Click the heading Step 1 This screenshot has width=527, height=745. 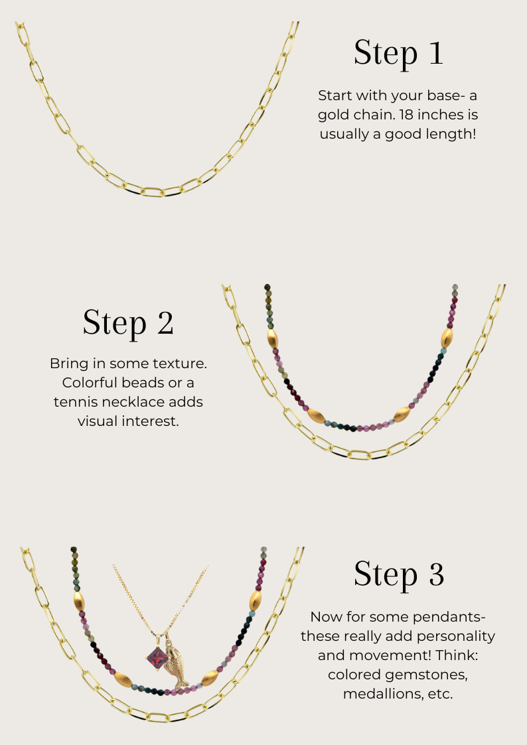[x=398, y=53]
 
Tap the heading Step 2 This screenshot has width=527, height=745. [x=128, y=324]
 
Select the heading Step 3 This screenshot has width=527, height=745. [x=399, y=575]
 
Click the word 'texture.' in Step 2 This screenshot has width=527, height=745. [x=180, y=364]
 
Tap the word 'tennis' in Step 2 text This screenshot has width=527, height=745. [x=76, y=402]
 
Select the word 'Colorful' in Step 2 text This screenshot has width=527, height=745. [x=90, y=383]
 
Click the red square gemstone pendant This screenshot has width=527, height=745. [x=157, y=659]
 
